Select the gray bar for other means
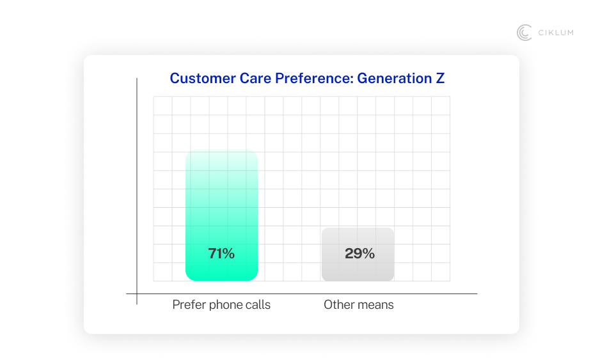pyautogui.click(x=358, y=269)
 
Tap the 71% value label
pyautogui.click(x=221, y=253)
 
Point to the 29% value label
pyautogui.click(x=359, y=253)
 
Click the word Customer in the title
pyautogui.click(x=200, y=79)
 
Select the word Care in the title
pyautogui.click(x=253, y=79)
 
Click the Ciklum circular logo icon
pyautogui.click(x=524, y=33)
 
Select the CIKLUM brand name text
pyautogui.click(x=555, y=33)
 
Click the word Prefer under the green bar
pyautogui.click(x=189, y=305)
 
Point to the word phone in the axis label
pyautogui.click(x=227, y=305)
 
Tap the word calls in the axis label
pyautogui.click(x=258, y=305)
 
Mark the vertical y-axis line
pyautogui.click(x=137, y=192)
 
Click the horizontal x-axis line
pyautogui.click(x=307, y=293)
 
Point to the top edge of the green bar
pyautogui.click(x=221, y=152)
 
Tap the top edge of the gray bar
pyautogui.click(x=358, y=228)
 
